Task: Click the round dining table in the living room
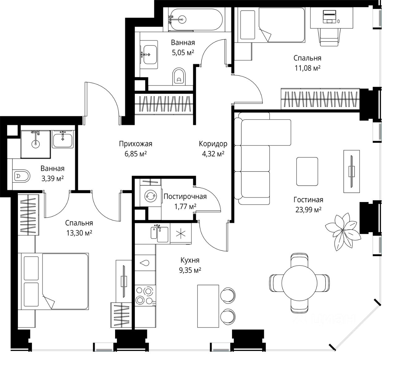pos(299,283)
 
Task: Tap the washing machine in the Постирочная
pos(151,196)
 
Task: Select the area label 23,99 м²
pos(308,210)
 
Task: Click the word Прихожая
pos(136,144)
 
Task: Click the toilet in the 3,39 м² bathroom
pos(21,176)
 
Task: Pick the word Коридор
pos(213,144)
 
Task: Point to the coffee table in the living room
pos(307,171)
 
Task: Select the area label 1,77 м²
pos(185,206)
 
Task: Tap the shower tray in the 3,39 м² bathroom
pos(36,144)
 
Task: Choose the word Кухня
pos(190,260)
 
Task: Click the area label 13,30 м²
pos(79,233)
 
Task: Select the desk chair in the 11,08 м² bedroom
pos(329,37)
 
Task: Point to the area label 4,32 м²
pos(213,154)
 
